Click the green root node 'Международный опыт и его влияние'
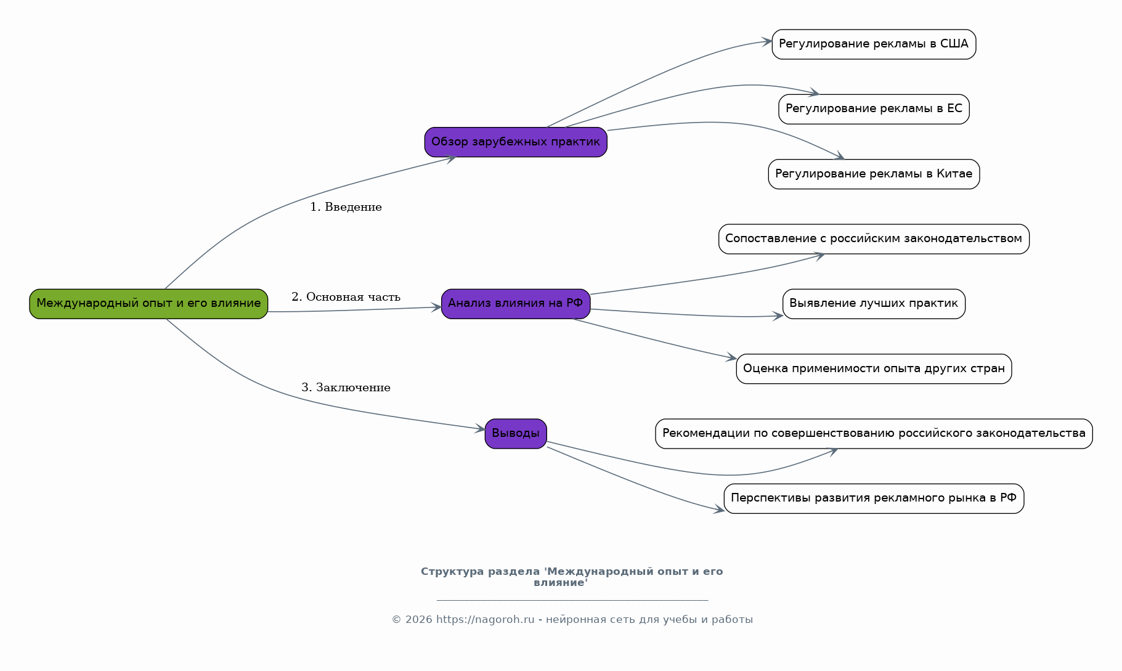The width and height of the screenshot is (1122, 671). pos(148,304)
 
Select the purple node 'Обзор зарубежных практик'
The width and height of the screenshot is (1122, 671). pos(516,142)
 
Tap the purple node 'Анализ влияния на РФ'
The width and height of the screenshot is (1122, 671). pos(516,304)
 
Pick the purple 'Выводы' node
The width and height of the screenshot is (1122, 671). pos(516,434)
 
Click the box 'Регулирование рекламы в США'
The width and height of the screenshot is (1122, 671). pos(874,44)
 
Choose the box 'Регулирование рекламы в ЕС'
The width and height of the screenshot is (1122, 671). pos(874,109)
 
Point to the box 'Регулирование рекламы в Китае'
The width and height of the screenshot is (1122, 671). pos(874,174)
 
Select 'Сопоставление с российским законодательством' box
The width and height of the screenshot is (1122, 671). pos(874,239)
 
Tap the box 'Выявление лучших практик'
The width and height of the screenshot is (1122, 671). pos(874,304)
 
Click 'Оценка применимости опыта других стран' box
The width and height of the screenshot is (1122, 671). pos(874,369)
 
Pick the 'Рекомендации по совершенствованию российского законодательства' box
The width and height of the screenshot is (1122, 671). pos(874,434)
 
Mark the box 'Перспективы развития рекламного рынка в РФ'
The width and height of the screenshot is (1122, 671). pos(874,498)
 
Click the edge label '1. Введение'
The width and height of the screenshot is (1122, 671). pos(346,207)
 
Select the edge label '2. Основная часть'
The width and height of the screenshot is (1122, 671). pos(346,297)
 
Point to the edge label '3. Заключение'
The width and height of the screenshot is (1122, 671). pos(346,388)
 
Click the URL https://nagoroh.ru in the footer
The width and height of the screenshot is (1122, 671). pos(486,620)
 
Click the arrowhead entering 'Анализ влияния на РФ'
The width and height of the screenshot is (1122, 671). pos(436,307)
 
